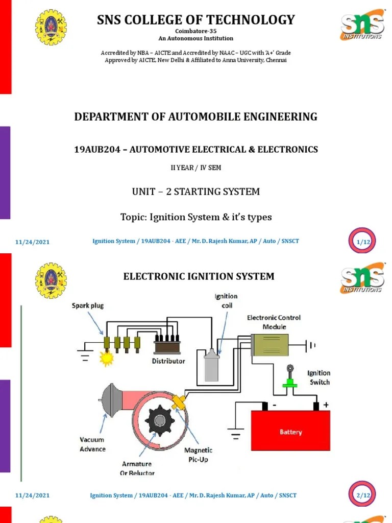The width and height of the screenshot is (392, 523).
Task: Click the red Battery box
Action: (290, 431)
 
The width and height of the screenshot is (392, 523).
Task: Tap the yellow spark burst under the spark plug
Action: (107, 359)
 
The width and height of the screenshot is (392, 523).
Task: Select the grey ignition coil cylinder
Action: (211, 365)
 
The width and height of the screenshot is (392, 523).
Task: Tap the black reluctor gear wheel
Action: (160, 421)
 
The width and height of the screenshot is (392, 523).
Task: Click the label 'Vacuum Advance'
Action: (92, 444)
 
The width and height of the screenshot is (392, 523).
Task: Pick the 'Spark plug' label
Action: (87, 305)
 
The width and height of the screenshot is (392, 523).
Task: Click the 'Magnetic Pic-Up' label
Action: (198, 455)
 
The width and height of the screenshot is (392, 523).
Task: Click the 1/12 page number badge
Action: (363, 242)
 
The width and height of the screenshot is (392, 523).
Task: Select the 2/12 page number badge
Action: (363, 495)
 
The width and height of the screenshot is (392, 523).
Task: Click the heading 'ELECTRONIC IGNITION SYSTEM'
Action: (199, 276)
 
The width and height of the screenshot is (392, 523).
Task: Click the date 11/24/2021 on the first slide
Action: (32, 242)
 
